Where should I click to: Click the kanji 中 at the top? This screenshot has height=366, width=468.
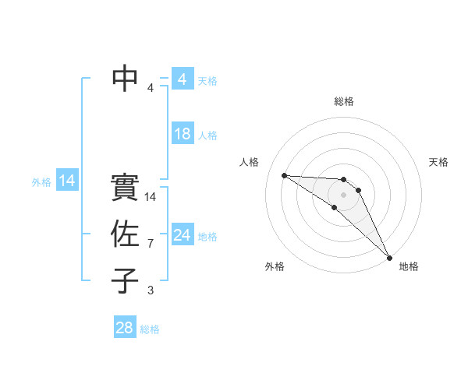[126, 78]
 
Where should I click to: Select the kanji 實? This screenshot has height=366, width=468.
[126, 187]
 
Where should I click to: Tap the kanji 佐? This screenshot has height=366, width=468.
[126, 234]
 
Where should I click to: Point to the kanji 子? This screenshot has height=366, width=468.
[126, 280]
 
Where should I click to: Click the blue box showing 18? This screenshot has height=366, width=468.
[183, 134]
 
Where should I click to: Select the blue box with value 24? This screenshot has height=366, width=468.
[183, 235]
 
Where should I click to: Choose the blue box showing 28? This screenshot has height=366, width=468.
[125, 328]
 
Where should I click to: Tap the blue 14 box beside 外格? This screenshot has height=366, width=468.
[67, 181]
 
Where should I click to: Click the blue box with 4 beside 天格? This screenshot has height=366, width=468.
[183, 79]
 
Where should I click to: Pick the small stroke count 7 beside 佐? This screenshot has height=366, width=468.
[151, 244]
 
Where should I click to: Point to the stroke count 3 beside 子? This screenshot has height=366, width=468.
[151, 290]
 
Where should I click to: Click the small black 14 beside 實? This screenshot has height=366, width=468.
[151, 197]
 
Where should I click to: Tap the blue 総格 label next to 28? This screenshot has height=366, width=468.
[150, 329]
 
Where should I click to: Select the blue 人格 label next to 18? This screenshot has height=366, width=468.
[207, 135]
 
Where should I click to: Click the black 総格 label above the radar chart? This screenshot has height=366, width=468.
[344, 101]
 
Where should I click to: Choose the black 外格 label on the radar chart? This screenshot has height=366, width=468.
[275, 266]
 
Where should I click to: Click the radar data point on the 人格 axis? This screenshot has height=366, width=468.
[284, 175]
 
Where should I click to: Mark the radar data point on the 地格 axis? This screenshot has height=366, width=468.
[388, 257]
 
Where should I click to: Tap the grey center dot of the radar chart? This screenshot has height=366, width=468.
[344, 194]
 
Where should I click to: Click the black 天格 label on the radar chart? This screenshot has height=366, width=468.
[439, 162]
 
